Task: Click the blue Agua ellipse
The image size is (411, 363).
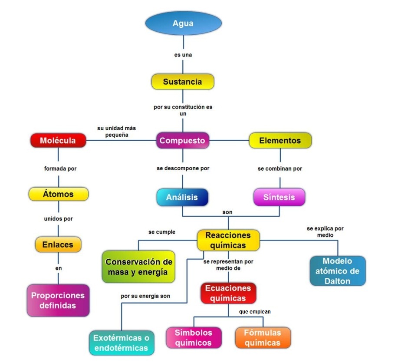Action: tap(184, 23)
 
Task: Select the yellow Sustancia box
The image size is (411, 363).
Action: tap(183, 82)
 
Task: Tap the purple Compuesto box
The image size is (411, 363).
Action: tap(183, 140)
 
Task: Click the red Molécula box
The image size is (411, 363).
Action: tap(58, 140)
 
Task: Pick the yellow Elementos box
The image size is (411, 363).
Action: tap(280, 140)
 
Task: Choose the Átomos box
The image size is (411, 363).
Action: tap(59, 194)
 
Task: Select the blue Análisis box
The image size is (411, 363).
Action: tap(182, 197)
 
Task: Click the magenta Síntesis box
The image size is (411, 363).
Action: tap(279, 197)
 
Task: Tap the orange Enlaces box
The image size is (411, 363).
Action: tap(58, 244)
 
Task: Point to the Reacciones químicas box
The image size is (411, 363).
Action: tap(228, 240)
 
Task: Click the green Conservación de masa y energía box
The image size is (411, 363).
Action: tap(138, 267)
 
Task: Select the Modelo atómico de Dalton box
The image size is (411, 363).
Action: tap(338, 271)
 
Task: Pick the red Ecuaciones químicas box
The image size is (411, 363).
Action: tap(228, 293)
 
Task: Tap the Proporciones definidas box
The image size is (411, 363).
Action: tap(58, 300)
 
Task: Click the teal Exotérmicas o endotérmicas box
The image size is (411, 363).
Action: tap(122, 343)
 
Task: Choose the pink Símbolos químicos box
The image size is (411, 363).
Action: tap(194, 337)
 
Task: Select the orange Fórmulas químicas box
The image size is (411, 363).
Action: tap(263, 337)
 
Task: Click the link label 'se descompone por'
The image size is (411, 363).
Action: tap(183, 168)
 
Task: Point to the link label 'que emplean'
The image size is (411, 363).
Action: tap(255, 312)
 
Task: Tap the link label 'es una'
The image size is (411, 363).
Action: tap(183, 55)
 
